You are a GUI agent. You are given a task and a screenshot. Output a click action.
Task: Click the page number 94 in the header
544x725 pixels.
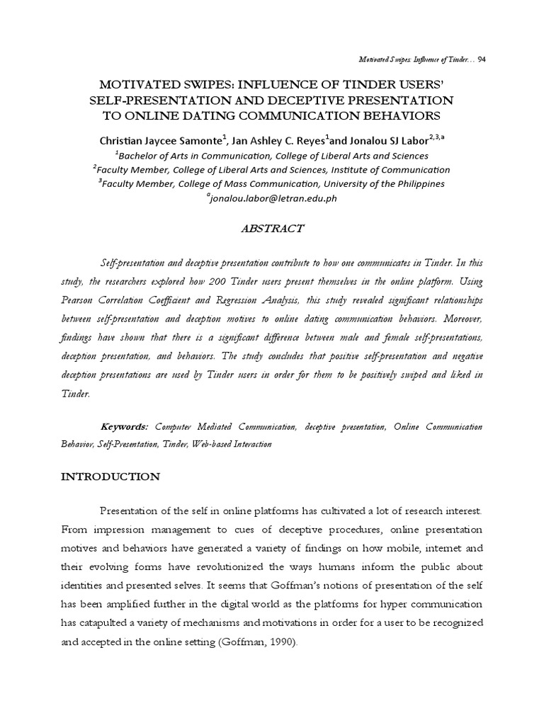pyautogui.click(x=481, y=59)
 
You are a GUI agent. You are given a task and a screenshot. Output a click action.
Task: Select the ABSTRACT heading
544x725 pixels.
pyautogui.click(x=271, y=229)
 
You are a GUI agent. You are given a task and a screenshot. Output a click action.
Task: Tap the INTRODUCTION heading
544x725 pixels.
pyautogui.click(x=109, y=477)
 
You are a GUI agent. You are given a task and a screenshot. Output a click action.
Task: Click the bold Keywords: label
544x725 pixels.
pyautogui.click(x=125, y=427)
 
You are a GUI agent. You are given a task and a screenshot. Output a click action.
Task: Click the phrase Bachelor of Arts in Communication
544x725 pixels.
pyautogui.click(x=190, y=156)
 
